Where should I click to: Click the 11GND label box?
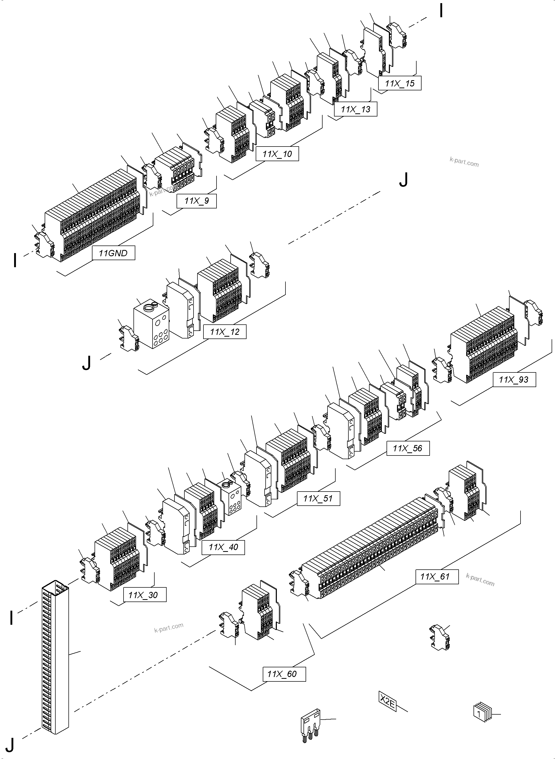click(114, 253)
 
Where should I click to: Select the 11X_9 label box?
click(196, 201)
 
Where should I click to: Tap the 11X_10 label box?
click(277, 154)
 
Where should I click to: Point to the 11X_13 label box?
click(355, 109)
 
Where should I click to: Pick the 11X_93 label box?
click(514, 380)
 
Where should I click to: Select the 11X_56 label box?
click(408, 448)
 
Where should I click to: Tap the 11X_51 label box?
click(318, 498)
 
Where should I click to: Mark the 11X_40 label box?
click(223, 547)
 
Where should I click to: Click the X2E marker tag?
click(387, 702)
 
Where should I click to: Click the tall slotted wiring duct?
click(55, 662)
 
